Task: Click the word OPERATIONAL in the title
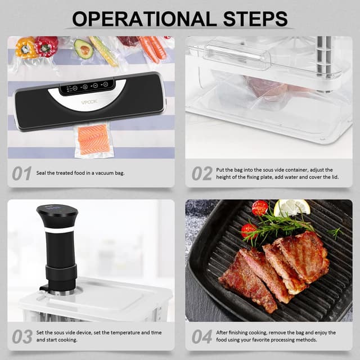143,18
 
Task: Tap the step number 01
22,173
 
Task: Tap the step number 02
201,173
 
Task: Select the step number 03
22,336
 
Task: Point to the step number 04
201,336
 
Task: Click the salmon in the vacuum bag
94,139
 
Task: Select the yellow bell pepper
26,48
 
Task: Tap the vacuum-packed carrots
152,48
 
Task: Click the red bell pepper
47,46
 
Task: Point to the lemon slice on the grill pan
292,208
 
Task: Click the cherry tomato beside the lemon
260,208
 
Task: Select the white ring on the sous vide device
58,230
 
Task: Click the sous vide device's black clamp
60,275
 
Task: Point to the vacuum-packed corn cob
104,51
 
